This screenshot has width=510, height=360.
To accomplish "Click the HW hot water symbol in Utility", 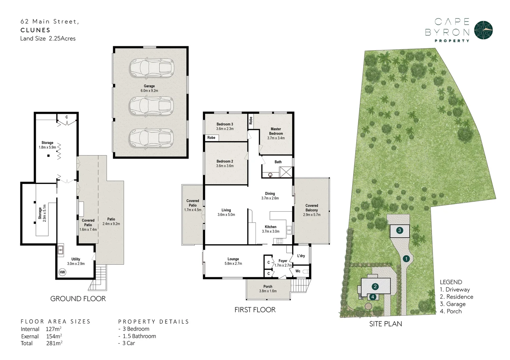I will click(x=62, y=272).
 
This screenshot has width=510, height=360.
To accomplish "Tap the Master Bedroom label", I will click(x=276, y=131).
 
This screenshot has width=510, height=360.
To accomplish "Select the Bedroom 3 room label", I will click(x=225, y=124).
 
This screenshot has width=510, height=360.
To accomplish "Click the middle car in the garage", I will click(x=151, y=106).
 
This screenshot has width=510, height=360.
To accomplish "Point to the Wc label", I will click(x=298, y=271).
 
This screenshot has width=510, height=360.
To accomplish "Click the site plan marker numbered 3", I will click(x=400, y=230).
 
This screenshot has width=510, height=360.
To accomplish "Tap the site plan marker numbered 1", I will click(x=406, y=258).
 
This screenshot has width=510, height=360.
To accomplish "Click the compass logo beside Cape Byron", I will click(x=483, y=30).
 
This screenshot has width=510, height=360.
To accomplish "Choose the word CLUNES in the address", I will click(x=35, y=30).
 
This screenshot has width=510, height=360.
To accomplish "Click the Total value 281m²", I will click(x=54, y=343).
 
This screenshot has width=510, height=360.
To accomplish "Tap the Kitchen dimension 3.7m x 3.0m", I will click(x=270, y=231).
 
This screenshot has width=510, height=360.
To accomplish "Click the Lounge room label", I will click(x=233, y=259).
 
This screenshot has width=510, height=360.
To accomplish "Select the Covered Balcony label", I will click(x=312, y=208).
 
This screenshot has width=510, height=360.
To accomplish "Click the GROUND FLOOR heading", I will click(x=78, y=298).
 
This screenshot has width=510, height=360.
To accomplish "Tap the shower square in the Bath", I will click(x=286, y=172).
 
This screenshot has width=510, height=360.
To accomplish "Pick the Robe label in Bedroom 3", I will click(x=211, y=138).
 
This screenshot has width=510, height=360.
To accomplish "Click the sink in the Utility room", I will click(x=60, y=250).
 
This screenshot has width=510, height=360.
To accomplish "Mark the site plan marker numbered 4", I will click(x=373, y=296).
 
